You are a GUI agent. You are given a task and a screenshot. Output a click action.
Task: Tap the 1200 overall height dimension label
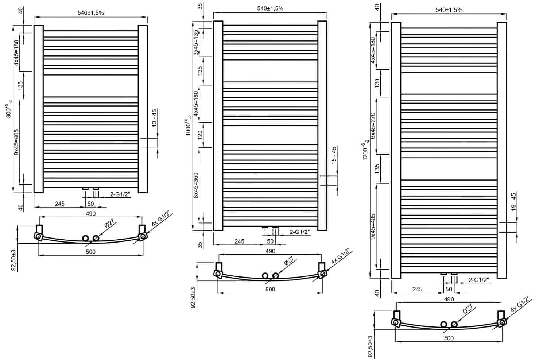pos(365,153)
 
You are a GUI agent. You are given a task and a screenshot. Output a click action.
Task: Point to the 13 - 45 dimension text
pos(154,118)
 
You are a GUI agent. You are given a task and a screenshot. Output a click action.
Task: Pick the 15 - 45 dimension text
pos(334,156)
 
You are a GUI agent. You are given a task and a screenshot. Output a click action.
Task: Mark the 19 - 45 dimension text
pos(513,202)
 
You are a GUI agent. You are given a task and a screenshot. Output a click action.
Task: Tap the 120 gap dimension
pos(199,135)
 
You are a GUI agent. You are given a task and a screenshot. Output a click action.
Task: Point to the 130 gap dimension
pos(377,82)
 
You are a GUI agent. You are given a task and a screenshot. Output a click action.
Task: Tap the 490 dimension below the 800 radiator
pos(90,213)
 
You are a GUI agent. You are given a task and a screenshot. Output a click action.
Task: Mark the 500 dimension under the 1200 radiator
pos(449,338)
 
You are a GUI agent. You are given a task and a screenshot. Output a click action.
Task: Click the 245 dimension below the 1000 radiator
pos(239,241)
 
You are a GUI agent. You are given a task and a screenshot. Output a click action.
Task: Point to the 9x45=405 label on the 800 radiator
pos(16,142)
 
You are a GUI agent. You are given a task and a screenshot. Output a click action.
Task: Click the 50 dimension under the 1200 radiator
pos(449,289)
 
